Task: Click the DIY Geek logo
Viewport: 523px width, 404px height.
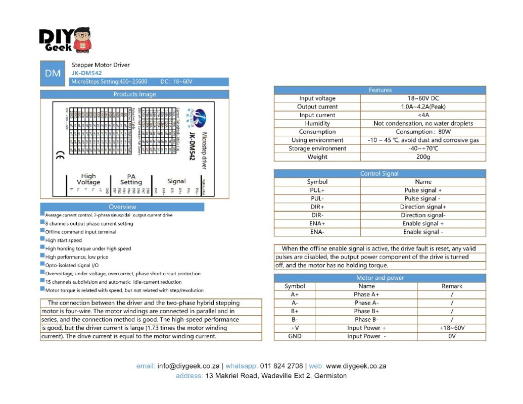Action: (x=66, y=41)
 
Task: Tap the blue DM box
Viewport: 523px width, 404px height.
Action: (x=53, y=73)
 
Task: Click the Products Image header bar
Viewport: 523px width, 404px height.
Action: (x=134, y=94)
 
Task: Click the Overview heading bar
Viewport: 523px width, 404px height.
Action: (x=122, y=207)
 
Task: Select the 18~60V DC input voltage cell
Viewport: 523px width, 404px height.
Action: (x=423, y=98)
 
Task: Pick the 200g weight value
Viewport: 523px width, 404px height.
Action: (x=423, y=157)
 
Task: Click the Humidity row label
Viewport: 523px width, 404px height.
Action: (x=317, y=123)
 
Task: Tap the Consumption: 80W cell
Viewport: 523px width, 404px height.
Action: (x=423, y=132)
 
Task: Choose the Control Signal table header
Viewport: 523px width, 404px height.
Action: (x=379, y=173)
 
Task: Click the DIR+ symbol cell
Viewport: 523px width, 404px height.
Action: (x=317, y=207)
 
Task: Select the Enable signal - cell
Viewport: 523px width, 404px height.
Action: (x=423, y=232)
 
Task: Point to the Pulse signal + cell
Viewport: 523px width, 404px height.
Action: (x=423, y=190)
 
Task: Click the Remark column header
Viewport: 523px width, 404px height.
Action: (x=452, y=286)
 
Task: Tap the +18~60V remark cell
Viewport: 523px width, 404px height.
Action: (x=452, y=328)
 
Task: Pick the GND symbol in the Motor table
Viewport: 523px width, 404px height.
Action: (x=295, y=336)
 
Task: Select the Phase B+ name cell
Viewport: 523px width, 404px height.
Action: (x=366, y=311)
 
